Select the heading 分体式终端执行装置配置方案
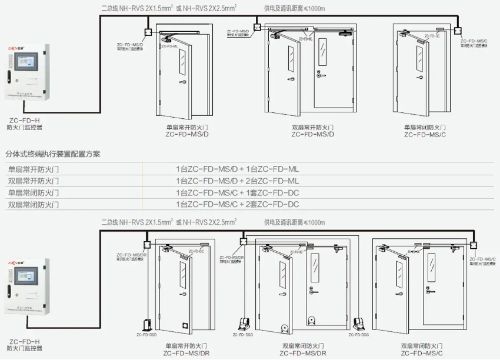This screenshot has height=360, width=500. pyautogui.click(x=53, y=155)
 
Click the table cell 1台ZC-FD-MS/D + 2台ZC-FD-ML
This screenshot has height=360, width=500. pyautogui.click(x=238, y=181)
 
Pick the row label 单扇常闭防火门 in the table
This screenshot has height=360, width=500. pyautogui.click(x=33, y=192)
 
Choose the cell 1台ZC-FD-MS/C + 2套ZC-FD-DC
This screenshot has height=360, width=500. pyautogui.click(x=238, y=204)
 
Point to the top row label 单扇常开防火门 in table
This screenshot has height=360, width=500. pyautogui.click(x=33, y=169)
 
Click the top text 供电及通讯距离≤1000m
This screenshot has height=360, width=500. pyautogui.click(x=294, y=8)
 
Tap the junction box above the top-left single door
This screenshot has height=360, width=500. pyautogui.click(x=148, y=32)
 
